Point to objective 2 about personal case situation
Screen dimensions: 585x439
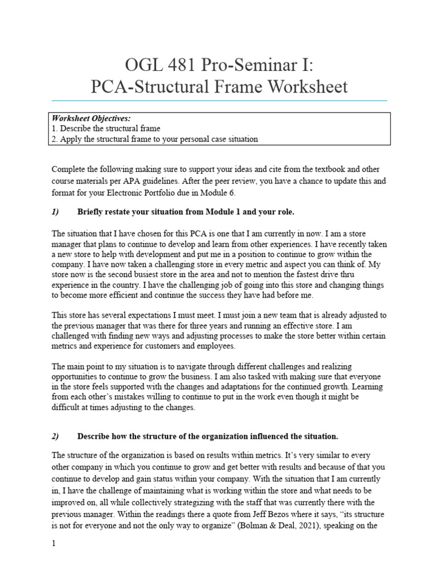click(x=155, y=139)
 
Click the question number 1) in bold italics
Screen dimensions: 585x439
click(x=55, y=212)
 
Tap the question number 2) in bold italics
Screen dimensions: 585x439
click(x=55, y=436)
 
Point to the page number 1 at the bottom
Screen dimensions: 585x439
click(x=54, y=544)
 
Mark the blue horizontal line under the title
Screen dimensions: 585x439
click(x=219, y=101)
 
